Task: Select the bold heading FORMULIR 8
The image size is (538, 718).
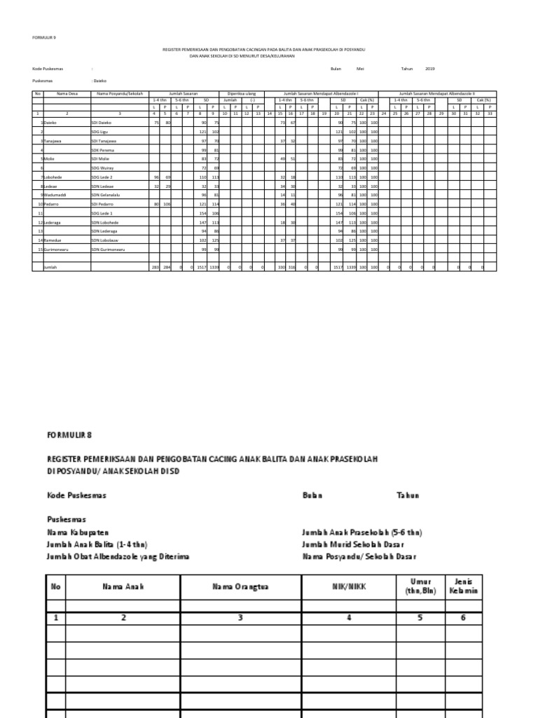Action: coord(69,435)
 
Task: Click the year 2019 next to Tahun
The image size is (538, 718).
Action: coord(430,69)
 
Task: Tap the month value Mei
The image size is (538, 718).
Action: coord(361,69)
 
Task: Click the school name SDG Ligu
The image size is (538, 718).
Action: coord(100,132)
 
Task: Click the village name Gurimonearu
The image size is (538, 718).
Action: coord(55,250)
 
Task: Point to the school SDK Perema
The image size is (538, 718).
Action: coord(102,150)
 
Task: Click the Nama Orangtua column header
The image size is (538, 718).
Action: coord(240,587)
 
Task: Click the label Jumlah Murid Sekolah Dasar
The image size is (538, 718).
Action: coord(352,545)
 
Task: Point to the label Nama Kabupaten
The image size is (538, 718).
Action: coord(78,533)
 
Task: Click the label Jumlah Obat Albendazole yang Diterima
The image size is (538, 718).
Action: coord(118,557)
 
